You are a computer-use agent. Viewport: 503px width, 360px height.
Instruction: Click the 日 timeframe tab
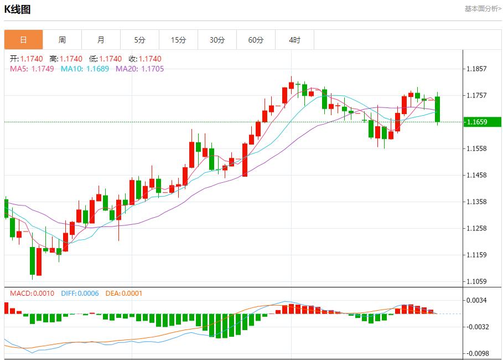23,40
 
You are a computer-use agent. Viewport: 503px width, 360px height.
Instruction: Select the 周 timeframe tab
62,40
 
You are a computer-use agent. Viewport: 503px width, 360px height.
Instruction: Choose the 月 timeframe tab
101,40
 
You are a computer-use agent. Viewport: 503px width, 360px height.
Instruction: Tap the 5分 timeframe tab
139,40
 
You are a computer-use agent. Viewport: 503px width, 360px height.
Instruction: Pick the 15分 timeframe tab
178,40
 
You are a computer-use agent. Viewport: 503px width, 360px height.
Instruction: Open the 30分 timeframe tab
217,40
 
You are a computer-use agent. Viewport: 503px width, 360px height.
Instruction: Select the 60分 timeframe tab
256,40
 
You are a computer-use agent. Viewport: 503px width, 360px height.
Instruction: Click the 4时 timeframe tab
294,40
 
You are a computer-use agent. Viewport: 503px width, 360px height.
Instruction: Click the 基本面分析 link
483,9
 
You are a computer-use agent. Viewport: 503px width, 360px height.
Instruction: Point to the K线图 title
18,9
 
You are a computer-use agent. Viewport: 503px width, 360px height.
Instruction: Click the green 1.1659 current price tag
481,122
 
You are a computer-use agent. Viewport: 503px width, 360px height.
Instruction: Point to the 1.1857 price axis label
476,69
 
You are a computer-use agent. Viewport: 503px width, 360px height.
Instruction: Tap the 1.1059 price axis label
476,281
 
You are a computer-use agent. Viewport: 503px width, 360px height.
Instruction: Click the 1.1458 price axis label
476,175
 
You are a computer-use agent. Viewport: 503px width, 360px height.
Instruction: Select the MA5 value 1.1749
43,69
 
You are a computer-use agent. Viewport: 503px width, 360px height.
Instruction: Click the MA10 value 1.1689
97,69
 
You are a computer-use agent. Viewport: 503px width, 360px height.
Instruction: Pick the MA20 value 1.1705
152,69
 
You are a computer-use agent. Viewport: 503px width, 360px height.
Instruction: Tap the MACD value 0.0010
44,293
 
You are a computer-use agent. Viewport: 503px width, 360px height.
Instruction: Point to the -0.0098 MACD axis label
476,353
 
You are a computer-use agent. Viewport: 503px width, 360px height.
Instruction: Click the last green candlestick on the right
437,109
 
